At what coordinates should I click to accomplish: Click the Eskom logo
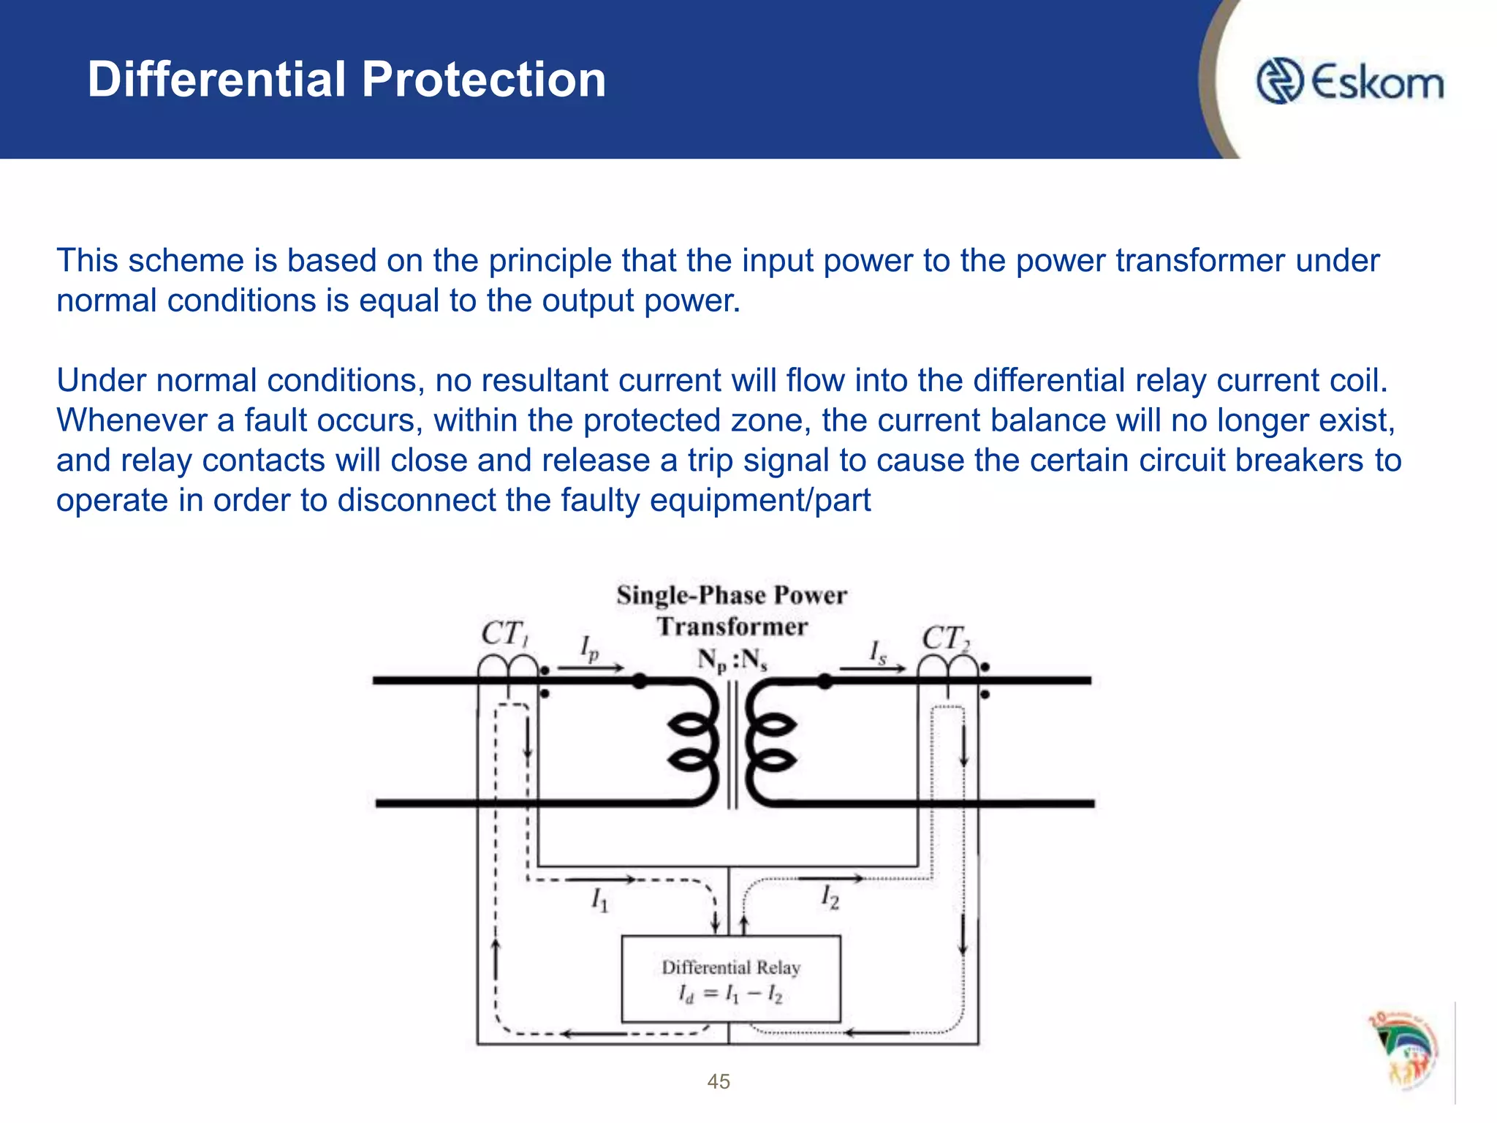coord(1349,81)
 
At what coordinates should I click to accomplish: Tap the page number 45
coord(719,1081)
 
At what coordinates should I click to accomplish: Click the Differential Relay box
coord(730,980)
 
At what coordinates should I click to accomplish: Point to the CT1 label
coord(504,634)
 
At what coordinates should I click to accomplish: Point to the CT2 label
coord(944,638)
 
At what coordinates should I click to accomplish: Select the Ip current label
coord(589,648)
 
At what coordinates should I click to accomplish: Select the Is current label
coord(877,651)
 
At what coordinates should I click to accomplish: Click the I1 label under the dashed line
coord(599,899)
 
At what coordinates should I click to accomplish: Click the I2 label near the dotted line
coord(830,896)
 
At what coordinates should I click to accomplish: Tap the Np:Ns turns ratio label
coord(732,660)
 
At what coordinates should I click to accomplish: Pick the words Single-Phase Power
coord(732,595)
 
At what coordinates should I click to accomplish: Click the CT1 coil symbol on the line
coord(508,667)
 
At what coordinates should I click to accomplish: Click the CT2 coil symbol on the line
coord(947,667)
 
